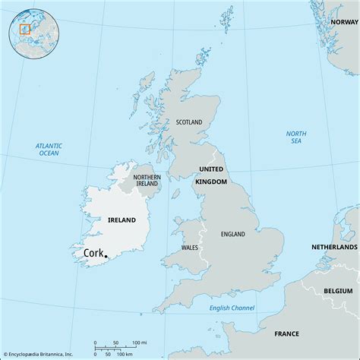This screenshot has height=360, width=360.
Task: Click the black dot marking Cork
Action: (x=106, y=256)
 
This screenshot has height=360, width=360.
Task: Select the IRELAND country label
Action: (x=121, y=220)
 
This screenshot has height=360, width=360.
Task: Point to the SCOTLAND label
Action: (x=190, y=122)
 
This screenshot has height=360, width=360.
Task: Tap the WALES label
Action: (x=191, y=248)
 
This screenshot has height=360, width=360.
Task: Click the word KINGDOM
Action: (x=212, y=182)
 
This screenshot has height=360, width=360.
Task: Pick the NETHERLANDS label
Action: (x=334, y=248)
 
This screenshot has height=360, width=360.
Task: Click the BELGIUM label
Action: (x=337, y=291)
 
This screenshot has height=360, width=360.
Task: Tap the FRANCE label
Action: (x=287, y=333)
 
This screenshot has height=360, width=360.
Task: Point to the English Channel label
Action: (x=233, y=308)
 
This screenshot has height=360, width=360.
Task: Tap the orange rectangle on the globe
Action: (x=24, y=29)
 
